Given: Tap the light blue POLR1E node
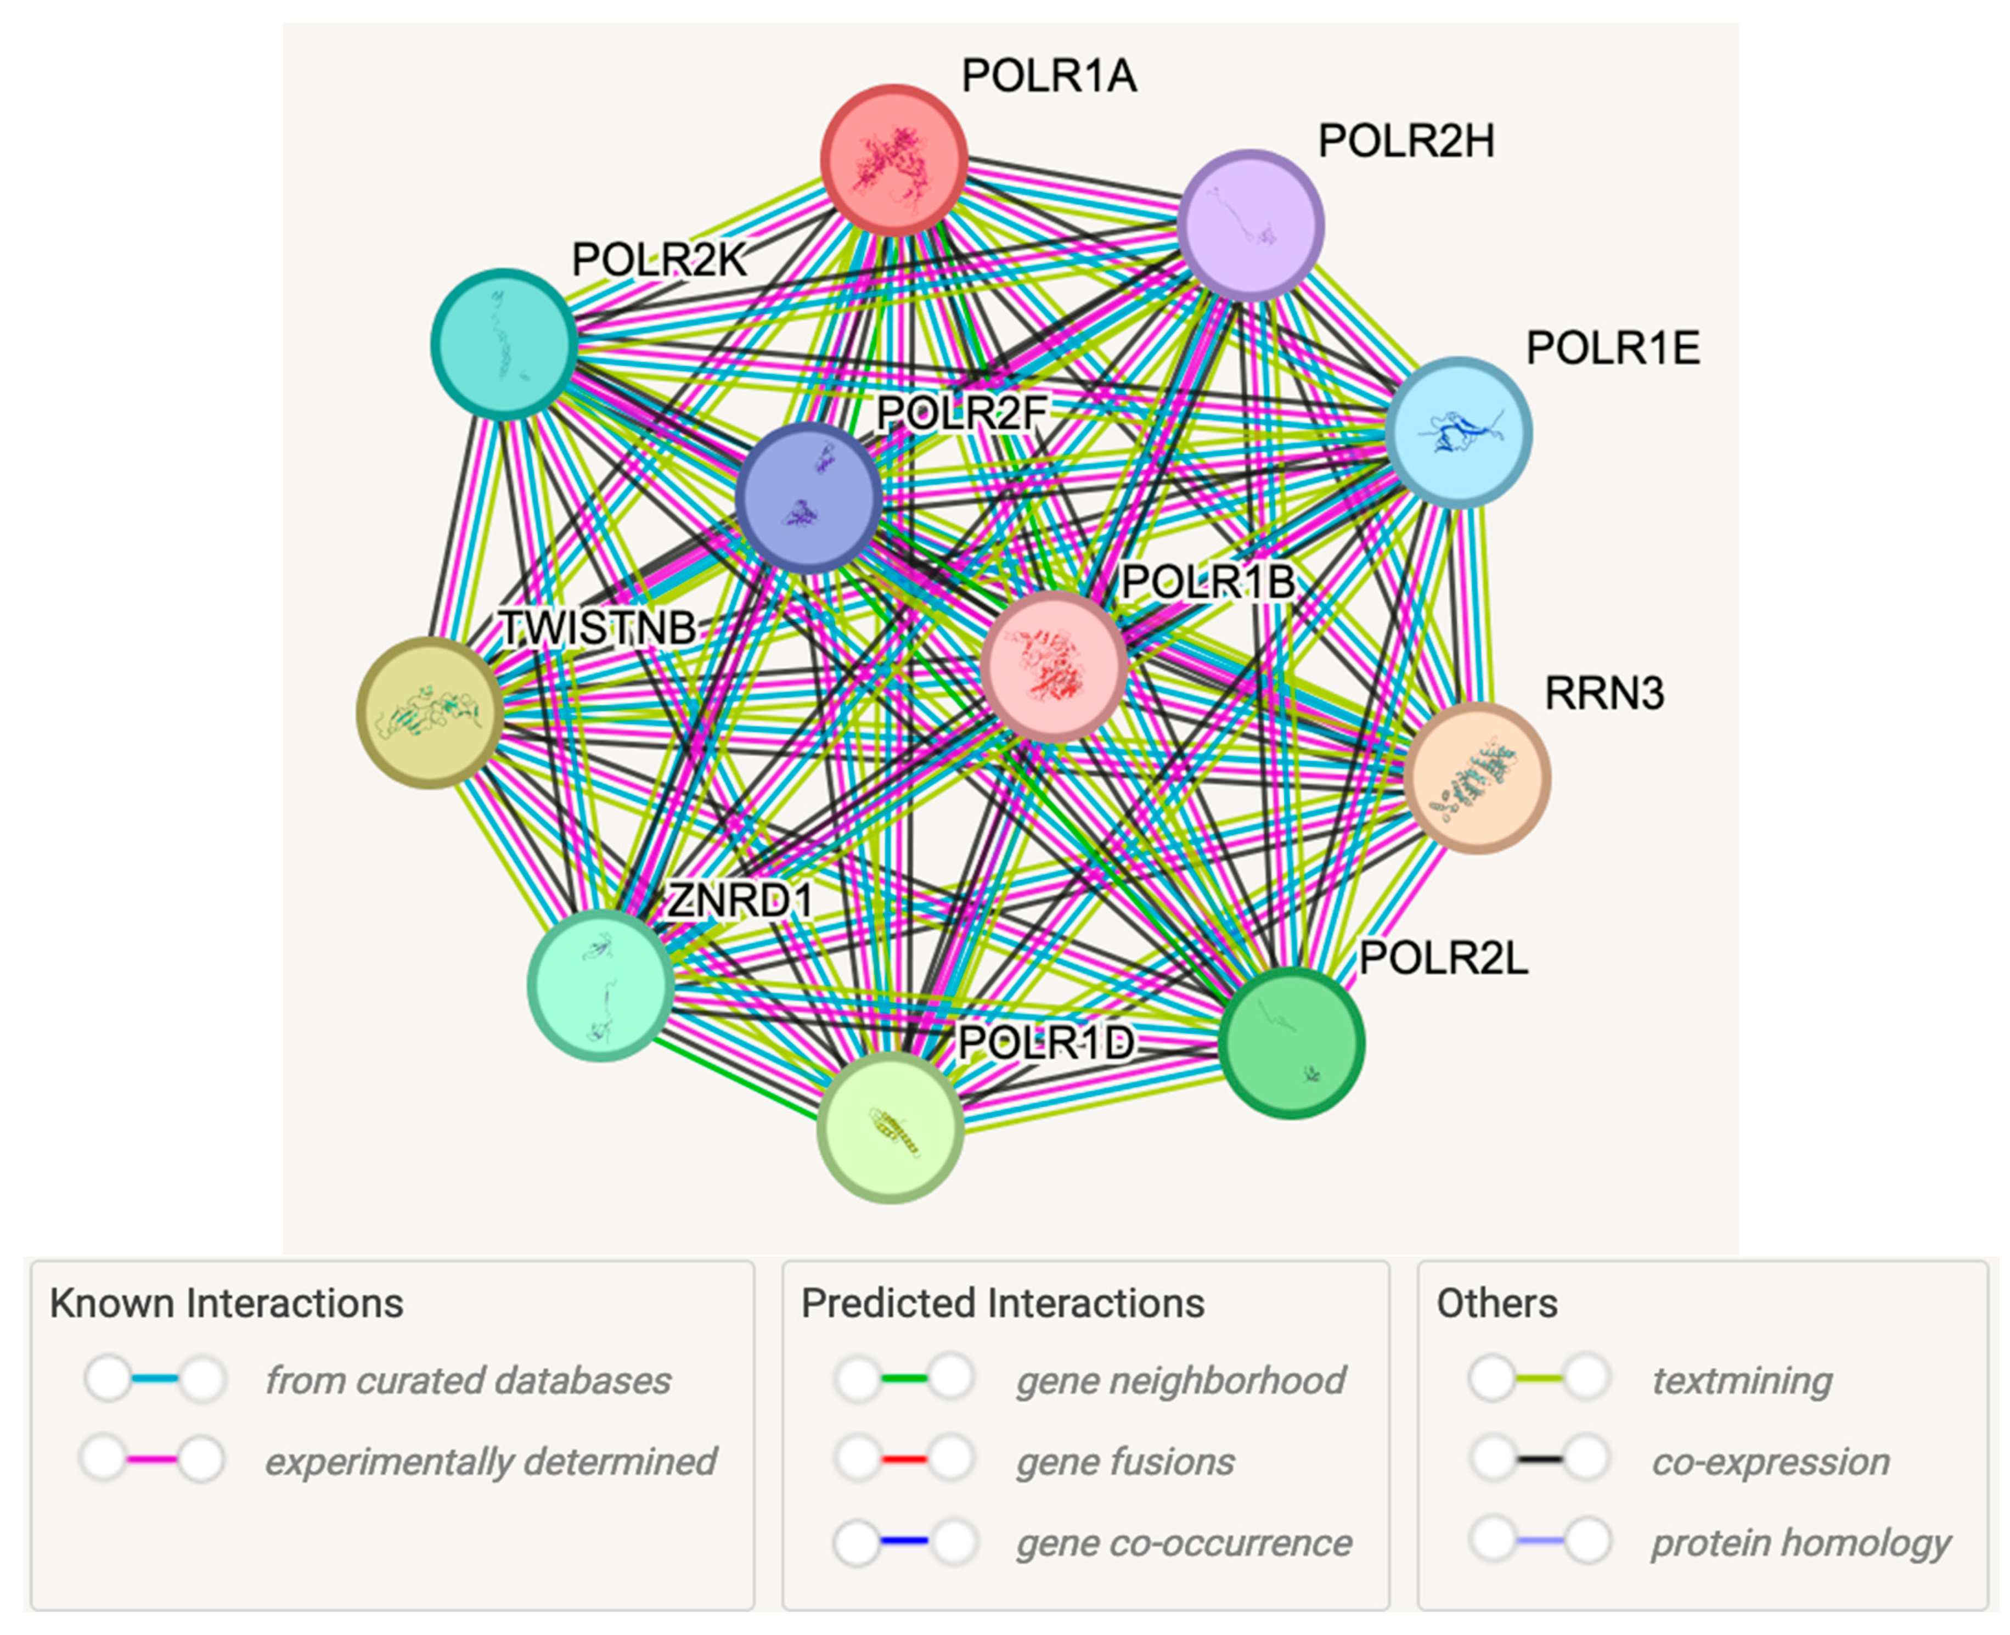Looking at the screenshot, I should tap(1459, 432).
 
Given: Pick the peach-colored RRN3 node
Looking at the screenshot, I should tap(1476, 778).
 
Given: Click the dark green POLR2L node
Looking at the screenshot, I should tap(1291, 1043).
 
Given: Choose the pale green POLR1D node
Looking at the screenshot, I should tap(889, 1127).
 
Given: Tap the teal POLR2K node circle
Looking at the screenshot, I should tap(505, 344).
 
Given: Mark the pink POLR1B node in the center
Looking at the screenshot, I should tap(1054, 666).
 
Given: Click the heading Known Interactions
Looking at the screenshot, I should tap(226, 1303).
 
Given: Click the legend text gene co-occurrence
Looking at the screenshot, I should tap(1184, 1543).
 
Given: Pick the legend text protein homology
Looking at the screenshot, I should tap(1800, 1543).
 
